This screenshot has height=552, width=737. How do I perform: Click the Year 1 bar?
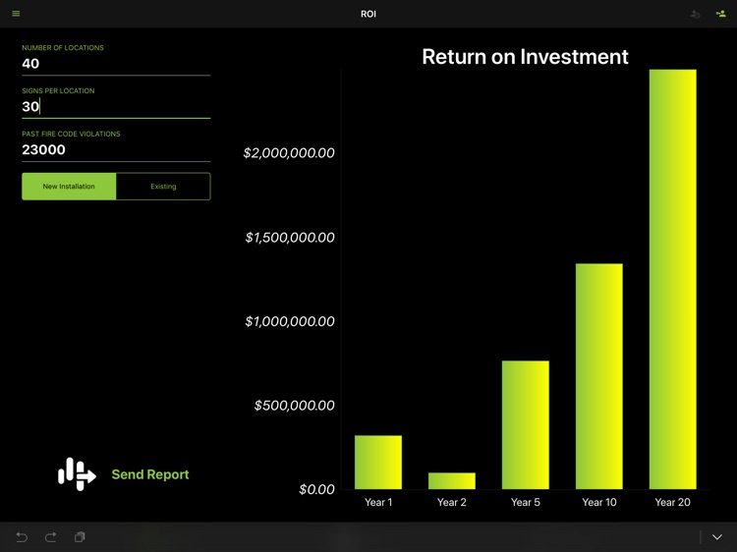pyautogui.click(x=378, y=462)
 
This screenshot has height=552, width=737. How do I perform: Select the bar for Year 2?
pyautogui.click(x=452, y=480)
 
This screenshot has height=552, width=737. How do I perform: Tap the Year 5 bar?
pyautogui.click(x=526, y=424)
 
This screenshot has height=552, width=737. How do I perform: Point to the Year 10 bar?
pyautogui.click(x=599, y=376)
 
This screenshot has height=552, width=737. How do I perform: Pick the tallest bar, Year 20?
pyautogui.click(x=673, y=279)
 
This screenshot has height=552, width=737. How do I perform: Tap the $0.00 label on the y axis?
pyautogui.click(x=316, y=489)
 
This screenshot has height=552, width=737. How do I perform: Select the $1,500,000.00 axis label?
pyautogui.click(x=289, y=238)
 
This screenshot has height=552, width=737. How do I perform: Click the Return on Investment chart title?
pyautogui.click(x=525, y=57)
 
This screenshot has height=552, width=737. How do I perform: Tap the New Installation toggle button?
pyautogui.click(x=69, y=187)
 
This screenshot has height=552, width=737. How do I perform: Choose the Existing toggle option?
pyautogui.click(x=163, y=187)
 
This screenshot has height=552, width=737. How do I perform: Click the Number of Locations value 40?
pyautogui.click(x=31, y=64)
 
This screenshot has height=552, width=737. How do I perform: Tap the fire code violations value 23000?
pyautogui.click(x=44, y=150)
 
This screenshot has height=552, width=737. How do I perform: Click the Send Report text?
pyautogui.click(x=149, y=474)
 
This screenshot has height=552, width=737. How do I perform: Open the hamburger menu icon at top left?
pyautogui.click(x=16, y=14)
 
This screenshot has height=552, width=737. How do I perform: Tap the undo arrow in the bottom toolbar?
pyautogui.click(x=22, y=537)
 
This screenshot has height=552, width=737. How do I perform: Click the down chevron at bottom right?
pyautogui.click(x=717, y=537)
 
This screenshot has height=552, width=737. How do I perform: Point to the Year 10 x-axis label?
pyautogui.click(x=599, y=503)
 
